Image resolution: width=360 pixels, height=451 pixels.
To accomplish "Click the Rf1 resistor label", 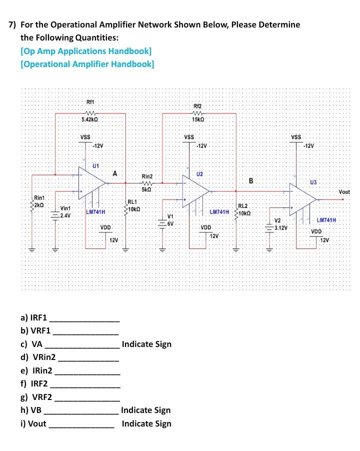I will pos(90,102).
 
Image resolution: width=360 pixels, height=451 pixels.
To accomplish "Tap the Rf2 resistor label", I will pos(197,106).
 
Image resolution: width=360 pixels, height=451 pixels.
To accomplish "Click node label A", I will pos(115,174).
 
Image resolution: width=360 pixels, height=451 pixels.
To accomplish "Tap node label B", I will pos(251,179).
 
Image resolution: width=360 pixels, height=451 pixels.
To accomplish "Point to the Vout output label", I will pos(344,192).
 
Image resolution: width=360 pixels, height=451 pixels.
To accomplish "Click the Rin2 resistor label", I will pos(147,176).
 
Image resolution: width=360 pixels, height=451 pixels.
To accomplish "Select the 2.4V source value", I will pos(65,215).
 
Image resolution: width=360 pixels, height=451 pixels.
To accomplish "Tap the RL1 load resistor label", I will pos(132,202).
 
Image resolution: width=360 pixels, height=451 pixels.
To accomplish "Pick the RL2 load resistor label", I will pos(242,206).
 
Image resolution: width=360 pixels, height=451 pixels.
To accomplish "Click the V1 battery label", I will pos(170,217).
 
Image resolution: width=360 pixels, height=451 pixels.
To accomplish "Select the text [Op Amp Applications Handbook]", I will pos(86,51).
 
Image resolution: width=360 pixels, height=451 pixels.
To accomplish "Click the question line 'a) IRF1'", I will pos(34,317).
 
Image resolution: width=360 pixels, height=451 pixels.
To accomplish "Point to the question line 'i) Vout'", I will pos(33,423).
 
